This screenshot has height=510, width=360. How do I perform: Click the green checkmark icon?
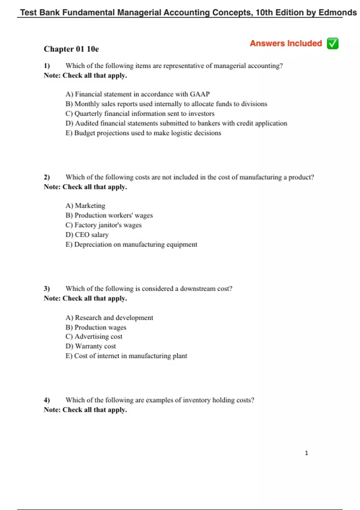coord(333,43)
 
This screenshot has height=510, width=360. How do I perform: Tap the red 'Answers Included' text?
coord(286,43)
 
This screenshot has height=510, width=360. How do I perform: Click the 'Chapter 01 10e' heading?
coord(71,49)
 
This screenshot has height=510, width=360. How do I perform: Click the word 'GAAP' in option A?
coord(200,94)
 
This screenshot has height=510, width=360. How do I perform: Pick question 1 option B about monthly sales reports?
coord(166,104)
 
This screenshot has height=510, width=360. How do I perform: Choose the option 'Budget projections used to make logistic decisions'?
coord(143,133)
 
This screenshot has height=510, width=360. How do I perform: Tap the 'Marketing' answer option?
coord(85,206)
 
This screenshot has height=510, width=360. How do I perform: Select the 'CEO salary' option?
coord(87,235)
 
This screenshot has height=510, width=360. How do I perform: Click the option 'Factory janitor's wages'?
coord(103,225)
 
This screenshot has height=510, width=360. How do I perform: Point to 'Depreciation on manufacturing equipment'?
coord(131,244)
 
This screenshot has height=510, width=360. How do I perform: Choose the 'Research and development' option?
coord(109,318)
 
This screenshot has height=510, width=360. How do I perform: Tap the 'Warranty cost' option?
coord(91,346)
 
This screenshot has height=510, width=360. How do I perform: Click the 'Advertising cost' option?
coord(94,337)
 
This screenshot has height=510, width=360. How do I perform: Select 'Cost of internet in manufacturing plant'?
coord(126,356)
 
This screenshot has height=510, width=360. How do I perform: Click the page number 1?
coord(306,453)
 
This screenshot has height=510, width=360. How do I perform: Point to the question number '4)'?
coord(47,400)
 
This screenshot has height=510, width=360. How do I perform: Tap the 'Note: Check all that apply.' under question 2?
coord(85,187)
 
